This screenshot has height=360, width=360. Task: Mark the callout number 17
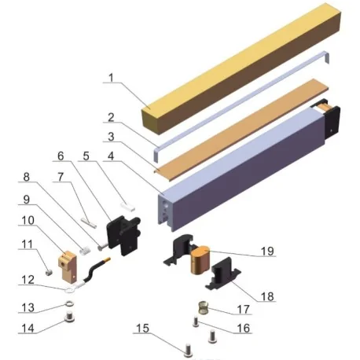pyautogui.click(x=241, y=309)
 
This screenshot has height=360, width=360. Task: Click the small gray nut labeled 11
pyautogui.click(x=48, y=273)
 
